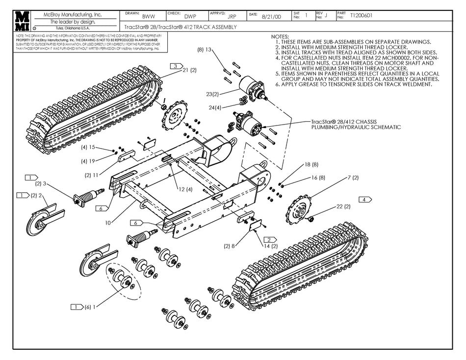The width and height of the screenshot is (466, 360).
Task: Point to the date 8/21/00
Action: (x=271, y=16)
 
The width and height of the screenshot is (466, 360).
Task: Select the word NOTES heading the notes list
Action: (x=280, y=37)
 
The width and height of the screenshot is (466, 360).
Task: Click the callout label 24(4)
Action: (x=215, y=107)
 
